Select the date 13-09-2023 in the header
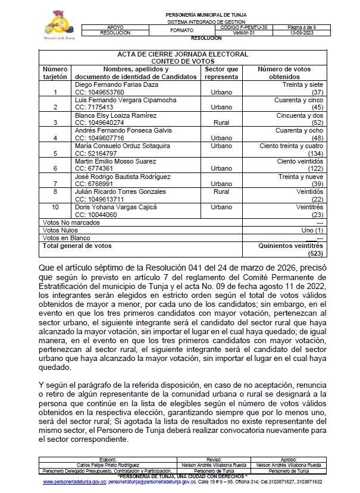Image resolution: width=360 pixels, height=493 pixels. click(303, 33)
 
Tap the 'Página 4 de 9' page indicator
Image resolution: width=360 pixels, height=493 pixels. click(303, 27)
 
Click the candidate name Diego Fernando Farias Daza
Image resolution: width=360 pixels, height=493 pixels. click(116, 84)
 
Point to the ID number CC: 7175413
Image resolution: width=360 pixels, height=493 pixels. click(93, 107)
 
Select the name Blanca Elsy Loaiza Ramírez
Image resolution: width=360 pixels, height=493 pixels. click(116, 115)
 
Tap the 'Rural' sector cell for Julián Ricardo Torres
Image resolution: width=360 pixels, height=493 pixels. click(221, 192)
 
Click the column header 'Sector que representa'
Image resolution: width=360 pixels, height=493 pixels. click(221, 73)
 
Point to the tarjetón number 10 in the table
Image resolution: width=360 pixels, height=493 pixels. click(55, 207)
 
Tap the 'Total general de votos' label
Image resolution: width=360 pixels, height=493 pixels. click(77, 245)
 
